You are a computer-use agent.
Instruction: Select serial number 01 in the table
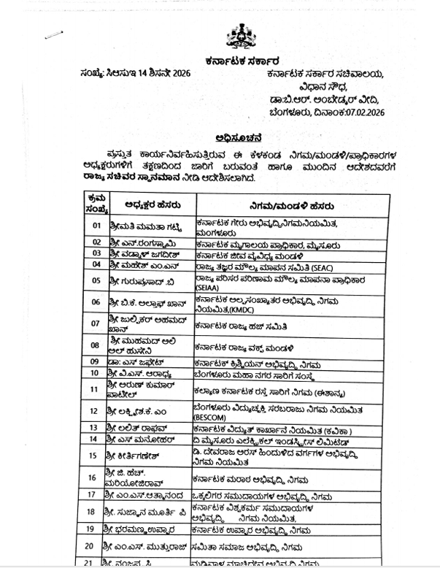pos(96,225)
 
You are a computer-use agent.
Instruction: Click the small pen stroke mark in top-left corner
pos(53,34)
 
